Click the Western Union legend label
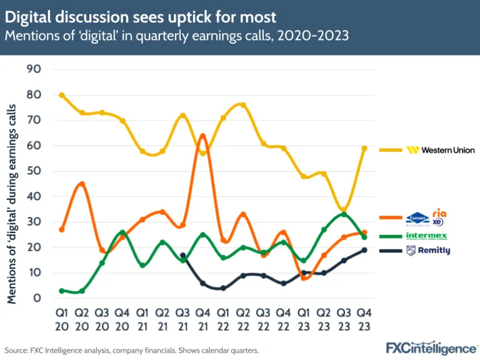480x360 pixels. (441, 150)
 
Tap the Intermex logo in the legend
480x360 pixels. (427, 236)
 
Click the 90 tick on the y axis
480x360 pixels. (34, 69)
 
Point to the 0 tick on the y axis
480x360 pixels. (37, 298)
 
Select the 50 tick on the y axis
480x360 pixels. (34, 171)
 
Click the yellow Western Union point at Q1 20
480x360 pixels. (61, 95)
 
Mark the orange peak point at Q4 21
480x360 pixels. (202, 136)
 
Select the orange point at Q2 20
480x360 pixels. (82, 184)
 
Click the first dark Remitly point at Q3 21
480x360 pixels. (182, 255)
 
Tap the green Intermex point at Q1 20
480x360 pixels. (61, 291)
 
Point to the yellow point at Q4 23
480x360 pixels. (364, 148)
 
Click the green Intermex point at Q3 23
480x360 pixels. (344, 214)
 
